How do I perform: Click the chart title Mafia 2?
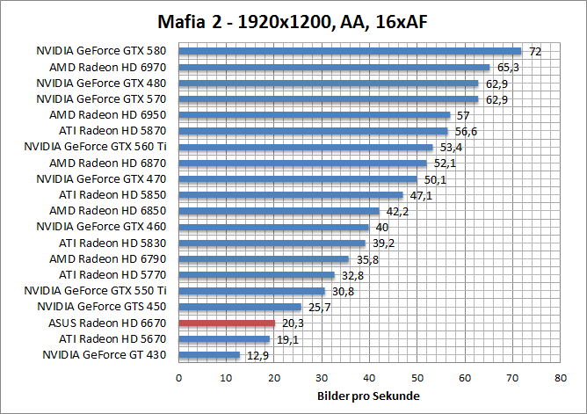tap(293, 20)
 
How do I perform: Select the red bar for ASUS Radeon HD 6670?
tap(227, 323)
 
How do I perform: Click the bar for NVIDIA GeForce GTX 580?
tap(350, 51)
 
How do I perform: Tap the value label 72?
tap(534, 52)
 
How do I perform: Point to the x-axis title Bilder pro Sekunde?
tap(369, 396)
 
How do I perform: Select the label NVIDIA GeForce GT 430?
tap(109, 355)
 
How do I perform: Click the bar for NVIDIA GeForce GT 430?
tap(209, 355)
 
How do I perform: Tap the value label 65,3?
tap(507, 68)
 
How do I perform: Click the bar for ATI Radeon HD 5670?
tap(224, 339)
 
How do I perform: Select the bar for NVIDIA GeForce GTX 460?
tap(273, 227)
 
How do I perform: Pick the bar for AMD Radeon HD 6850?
tap(279, 211)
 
